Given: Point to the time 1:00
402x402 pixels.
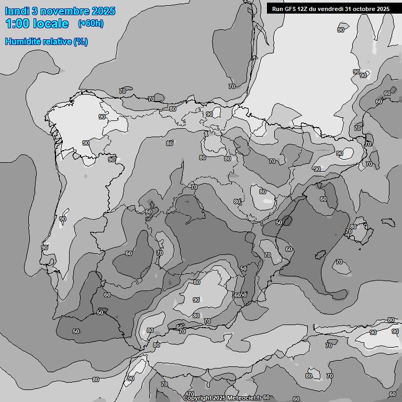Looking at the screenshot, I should (19, 24).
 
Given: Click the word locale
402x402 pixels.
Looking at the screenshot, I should (51, 24).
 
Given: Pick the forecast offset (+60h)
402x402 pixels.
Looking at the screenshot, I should (91, 24).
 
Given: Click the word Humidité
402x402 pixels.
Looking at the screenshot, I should (24, 41).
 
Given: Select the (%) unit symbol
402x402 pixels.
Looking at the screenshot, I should (81, 41).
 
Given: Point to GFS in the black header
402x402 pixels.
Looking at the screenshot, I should (291, 8).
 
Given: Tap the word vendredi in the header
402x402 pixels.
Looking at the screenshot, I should (331, 8).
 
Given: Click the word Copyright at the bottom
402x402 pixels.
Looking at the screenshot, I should (197, 398).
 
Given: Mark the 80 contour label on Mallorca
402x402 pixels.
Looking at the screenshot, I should (353, 227).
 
